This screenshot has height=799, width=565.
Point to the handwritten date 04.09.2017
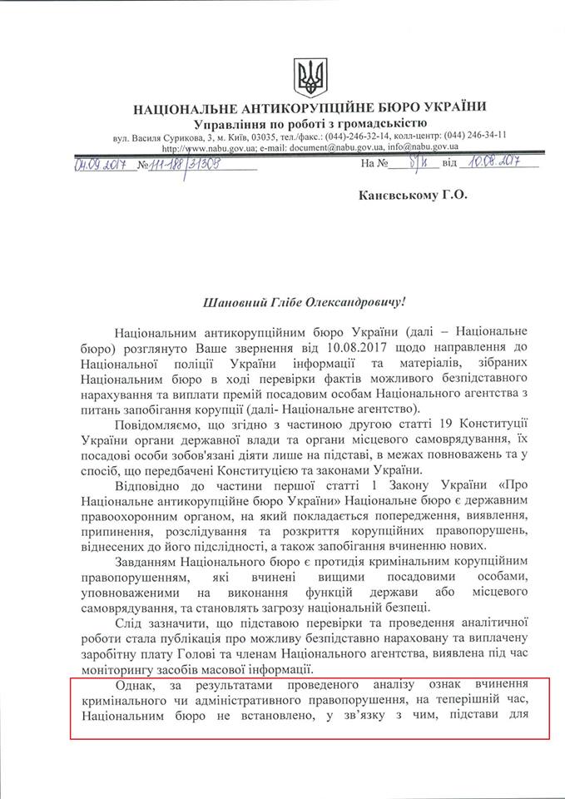tap(99, 165)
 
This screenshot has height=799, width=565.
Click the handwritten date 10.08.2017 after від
tap(488, 164)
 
